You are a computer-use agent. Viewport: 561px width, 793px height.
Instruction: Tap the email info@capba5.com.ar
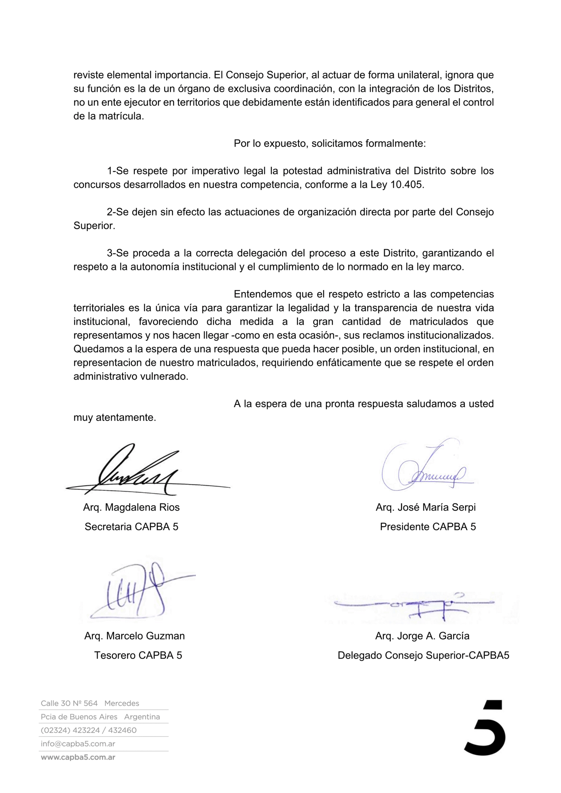click(78, 744)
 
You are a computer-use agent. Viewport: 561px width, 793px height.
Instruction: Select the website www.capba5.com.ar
click(78, 757)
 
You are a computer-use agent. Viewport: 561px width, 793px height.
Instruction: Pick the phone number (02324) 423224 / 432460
click(89, 730)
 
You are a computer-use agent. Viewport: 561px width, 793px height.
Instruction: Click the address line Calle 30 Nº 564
click(69, 703)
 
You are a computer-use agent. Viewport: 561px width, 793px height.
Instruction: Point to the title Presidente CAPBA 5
click(428, 527)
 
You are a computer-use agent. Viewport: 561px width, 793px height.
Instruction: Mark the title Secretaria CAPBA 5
click(131, 527)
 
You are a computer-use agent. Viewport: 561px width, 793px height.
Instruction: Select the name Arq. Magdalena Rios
click(131, 507)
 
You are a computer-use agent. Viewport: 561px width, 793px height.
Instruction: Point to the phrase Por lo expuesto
click(270, 143)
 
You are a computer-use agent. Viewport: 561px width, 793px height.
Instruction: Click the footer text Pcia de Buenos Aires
click(79, 717)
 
